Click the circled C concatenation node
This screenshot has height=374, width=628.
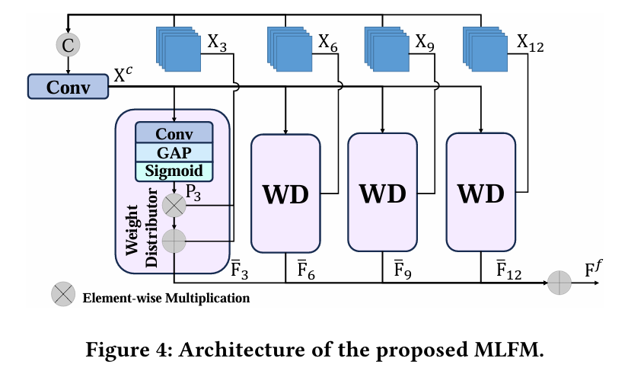click(x=69, y=45)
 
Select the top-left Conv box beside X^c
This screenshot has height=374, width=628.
click(x=68, y=87)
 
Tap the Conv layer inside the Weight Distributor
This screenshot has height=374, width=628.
click(x=174, y=133)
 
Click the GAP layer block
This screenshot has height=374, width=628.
click(x=174, y=152)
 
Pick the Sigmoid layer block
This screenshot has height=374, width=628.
click(x=174, y=170)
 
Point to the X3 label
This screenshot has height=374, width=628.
click(x=217, y=43)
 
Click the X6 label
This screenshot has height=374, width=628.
click(x=328, y=43)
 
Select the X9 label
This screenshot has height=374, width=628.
click(x=425, y=43)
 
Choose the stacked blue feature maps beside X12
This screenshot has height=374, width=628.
click(x=486, y=48)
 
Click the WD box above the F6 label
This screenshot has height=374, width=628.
click(x=285, y=193)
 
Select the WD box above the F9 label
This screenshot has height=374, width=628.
click(x=382, y=193)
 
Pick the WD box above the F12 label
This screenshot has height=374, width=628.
click(x=480, y=193)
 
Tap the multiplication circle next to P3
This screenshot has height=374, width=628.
click(x=174, y=205)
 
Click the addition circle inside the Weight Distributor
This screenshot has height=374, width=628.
click(x=174, y=241)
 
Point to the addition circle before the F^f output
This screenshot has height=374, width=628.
click(x=559, y=282)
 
